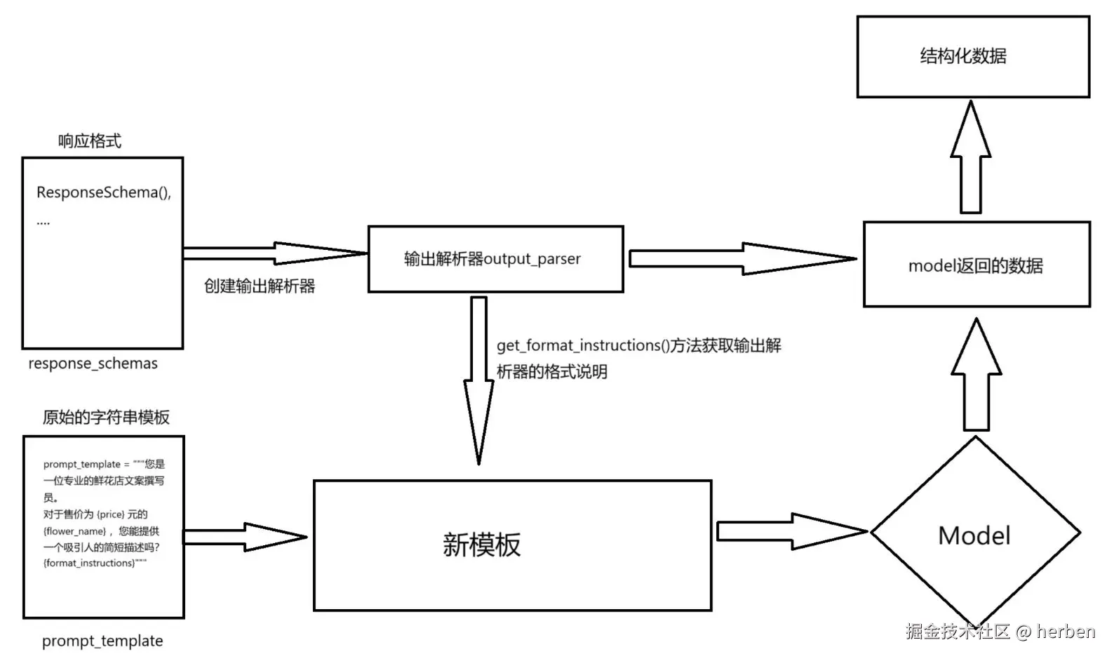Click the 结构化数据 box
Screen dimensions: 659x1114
click(973, 57)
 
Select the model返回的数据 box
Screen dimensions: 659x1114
click(976, 265)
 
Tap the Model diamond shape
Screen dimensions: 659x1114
click(974, 535)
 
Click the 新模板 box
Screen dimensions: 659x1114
click(512, 545)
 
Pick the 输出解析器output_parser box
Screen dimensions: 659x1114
click(495, 258)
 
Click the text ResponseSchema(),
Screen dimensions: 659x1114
click(104, 192)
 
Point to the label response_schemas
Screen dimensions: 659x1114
click(93, 364)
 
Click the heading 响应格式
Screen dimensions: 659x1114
click(89, 141)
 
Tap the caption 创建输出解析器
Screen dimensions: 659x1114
click(260, 286)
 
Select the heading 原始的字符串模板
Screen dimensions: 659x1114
click(106, 417)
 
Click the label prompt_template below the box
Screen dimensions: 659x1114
click(102, 641)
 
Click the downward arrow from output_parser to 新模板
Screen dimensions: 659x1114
click(479, 379)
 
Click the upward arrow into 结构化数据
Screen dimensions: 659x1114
click(971, 158)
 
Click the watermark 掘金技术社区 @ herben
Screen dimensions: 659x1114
click(1000, 631)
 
